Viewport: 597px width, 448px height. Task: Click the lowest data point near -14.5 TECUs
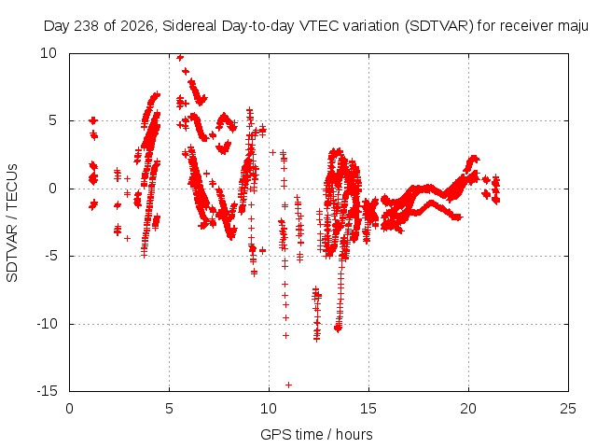pos(288,385)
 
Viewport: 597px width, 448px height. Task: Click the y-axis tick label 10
pos(49,53)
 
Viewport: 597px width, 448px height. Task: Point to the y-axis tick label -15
pos(47,391)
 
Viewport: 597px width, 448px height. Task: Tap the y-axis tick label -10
pos(47,324)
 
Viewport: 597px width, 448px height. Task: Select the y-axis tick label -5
pos(50,256)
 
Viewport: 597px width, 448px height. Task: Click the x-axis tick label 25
pos(568,409)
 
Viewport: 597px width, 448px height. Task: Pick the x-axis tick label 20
pos(468,409)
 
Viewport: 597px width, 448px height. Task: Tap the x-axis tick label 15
pos(368,409)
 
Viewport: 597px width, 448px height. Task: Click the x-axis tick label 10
pos(269,409)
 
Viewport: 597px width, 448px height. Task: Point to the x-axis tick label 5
pos(169,409)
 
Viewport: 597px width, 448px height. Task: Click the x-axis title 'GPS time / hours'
pos(316,435)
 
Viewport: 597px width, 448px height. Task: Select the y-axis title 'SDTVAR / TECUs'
pos(12,223)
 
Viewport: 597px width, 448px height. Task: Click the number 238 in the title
pos(87,26)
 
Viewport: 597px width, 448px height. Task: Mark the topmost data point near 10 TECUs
pos(180,57)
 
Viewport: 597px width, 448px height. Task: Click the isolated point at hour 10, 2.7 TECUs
pos(272,152)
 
